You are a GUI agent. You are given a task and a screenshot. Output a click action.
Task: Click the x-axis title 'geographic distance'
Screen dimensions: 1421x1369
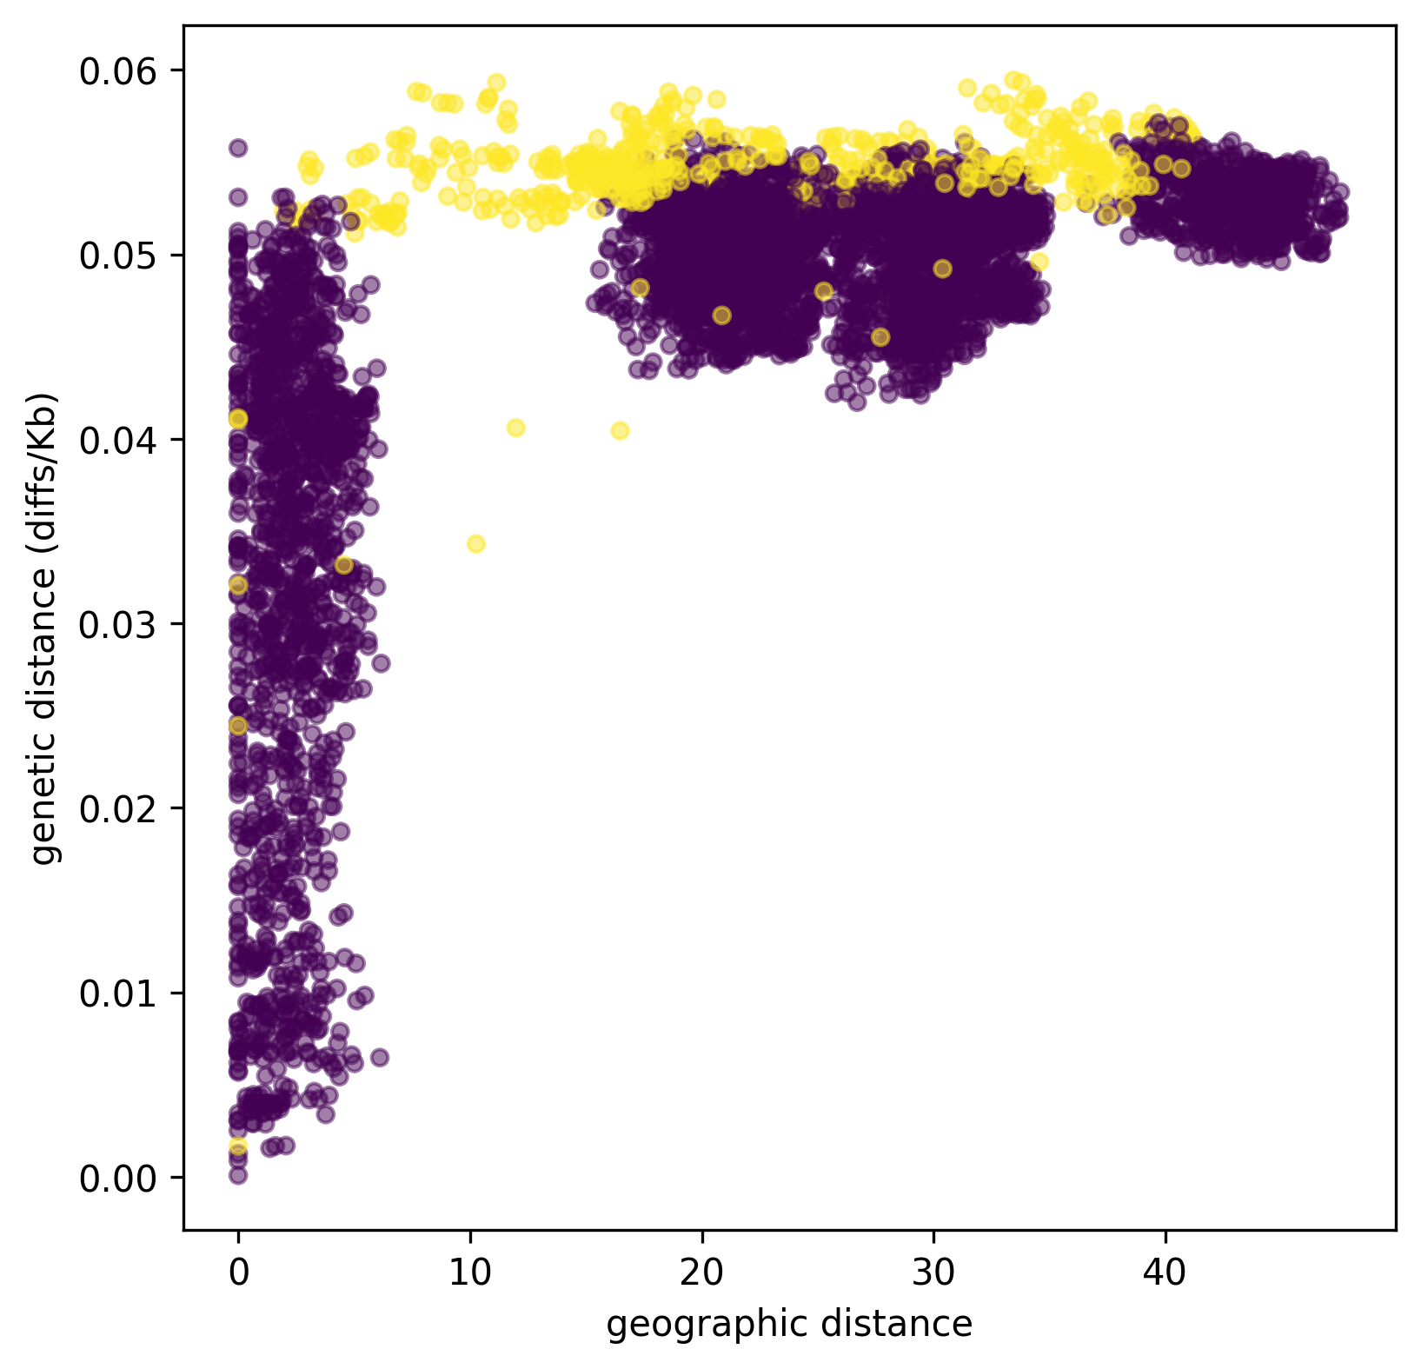click(x=789, y=1325)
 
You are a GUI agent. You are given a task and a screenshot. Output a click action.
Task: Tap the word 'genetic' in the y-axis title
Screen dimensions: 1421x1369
click(x=43, y=814)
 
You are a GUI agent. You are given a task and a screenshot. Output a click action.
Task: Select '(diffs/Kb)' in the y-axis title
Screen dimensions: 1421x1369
click(x=43, y=454)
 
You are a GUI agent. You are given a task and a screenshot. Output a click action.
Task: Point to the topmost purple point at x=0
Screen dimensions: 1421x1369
click(x=238, y=148)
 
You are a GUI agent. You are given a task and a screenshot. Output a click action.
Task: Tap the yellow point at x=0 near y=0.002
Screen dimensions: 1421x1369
click(x=238, y=1146)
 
